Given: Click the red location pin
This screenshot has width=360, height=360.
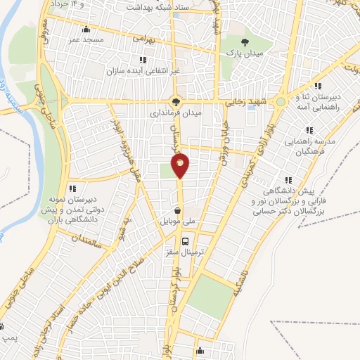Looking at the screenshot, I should (x=180, y=165).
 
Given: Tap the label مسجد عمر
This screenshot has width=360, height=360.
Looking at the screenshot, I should (x=86, y=40).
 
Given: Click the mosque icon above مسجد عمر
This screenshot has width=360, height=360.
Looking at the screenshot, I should (x=86, y=30).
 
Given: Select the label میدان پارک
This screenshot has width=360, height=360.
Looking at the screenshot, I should (x=244, y=53).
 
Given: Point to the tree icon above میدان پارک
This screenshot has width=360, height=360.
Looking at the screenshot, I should (x=244, y=43).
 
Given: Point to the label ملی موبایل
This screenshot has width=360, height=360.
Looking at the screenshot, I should (x=179, y=221).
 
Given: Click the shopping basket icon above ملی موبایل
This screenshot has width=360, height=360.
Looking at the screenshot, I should (x=179, y=210).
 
